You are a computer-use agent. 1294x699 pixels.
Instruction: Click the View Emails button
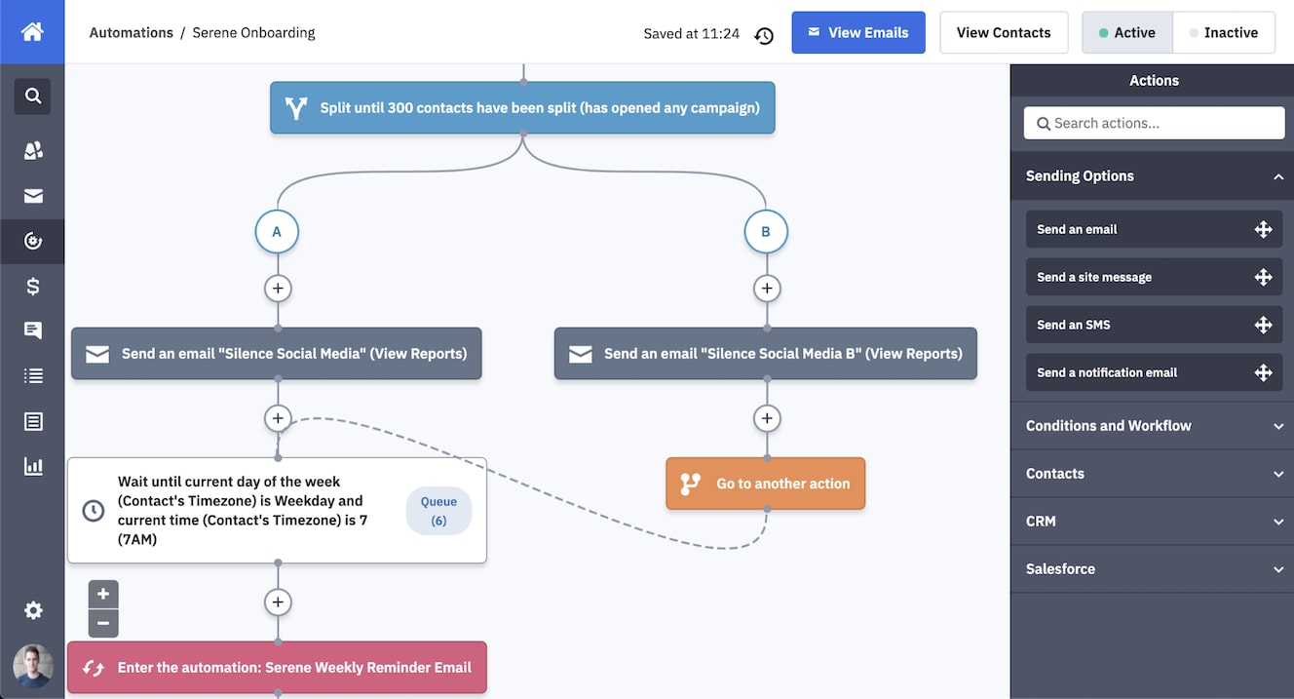[857, 33]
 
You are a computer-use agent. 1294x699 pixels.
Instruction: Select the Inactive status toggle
[1223, 33]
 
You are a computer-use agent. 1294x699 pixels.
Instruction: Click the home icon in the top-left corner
[32, 32]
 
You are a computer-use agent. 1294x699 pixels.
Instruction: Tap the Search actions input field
[1154, 123]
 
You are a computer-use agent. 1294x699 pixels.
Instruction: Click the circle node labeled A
[277, 232]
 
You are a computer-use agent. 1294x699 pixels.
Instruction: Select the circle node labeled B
[765, 232]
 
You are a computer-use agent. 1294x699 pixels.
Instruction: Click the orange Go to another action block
[765, 484]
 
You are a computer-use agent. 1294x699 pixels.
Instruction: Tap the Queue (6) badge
[438, 511]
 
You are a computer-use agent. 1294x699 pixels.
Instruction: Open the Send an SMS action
[1154, 325]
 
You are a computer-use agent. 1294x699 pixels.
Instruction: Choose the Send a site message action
[1154, 277]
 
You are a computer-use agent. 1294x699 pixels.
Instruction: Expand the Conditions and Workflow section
[1154, 426]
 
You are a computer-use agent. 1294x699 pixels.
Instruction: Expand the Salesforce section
[1154, 569]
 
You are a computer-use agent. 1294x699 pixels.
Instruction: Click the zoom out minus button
[103, 624]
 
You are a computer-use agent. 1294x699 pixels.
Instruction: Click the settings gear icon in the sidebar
[33, 610]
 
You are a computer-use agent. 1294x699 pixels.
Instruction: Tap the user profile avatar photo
[33, 666]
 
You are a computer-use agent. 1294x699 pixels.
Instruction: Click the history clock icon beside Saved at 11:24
[764, 35]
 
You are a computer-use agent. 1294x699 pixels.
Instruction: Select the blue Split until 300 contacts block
[522, 108]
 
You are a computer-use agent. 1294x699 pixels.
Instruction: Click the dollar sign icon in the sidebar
[33, 287]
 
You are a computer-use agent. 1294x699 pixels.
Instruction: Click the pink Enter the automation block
[277, 668]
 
